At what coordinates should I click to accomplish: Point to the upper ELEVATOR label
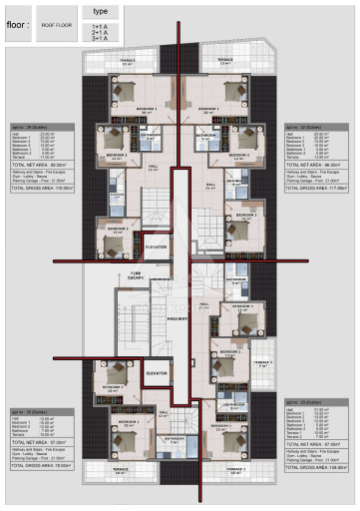tap(156, 246)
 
